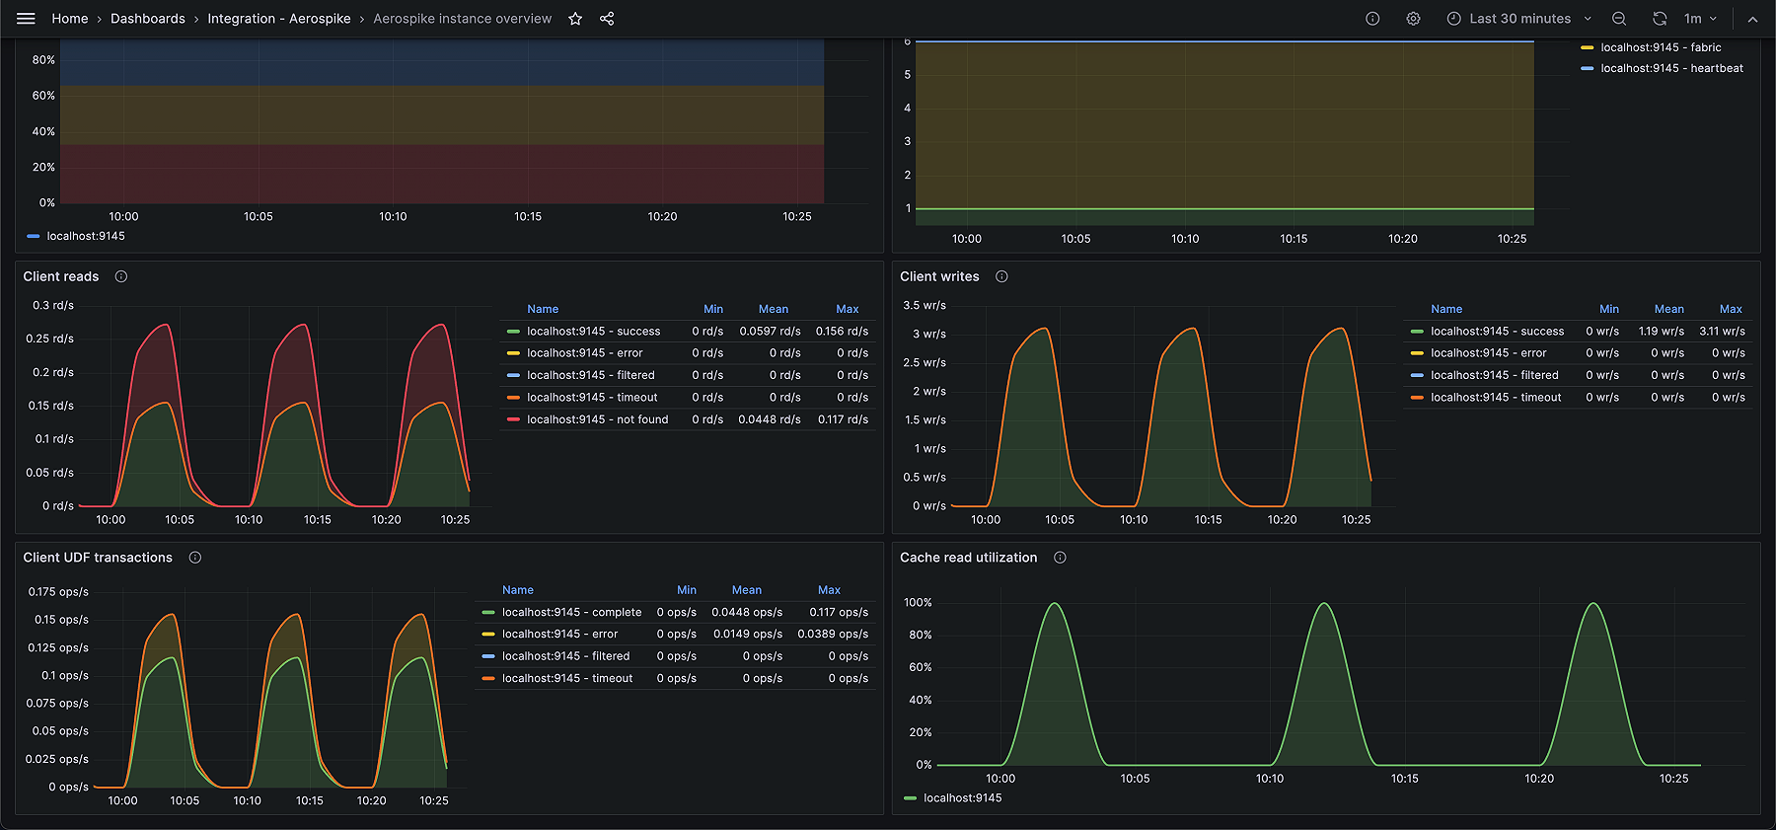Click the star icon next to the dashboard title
(575, 19)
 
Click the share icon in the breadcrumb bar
(607, 19)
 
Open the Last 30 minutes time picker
(1518, 19)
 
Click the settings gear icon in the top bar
(1413, 19)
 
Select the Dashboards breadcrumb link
(148, 19)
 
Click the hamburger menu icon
(26, 19)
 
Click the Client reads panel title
(61, 276)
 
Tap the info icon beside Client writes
(1001, 276)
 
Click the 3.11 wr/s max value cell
(1721, 332)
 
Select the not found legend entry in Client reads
(597, 419)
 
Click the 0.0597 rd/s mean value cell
(770, 332)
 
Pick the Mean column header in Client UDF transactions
(746, 590)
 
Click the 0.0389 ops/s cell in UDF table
(833, 634)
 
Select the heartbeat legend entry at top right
(1671, 68)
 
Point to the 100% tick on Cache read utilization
(918, 602)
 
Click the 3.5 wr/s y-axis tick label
(925, 305)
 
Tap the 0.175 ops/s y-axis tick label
(58, 592)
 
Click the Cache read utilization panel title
(968, 558)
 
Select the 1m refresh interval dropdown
(1700, 19)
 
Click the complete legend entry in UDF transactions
(571, 612)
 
